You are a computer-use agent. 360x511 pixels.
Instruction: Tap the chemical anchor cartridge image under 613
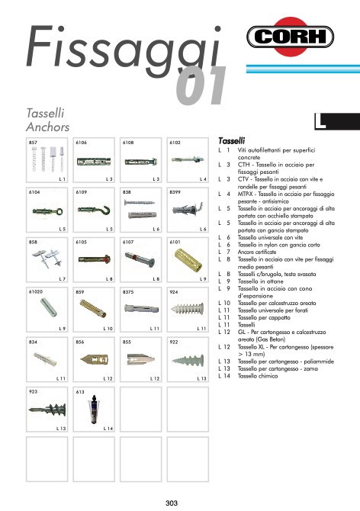click(93, 409)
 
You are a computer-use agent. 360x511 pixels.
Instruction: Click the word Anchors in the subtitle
click(48, 126)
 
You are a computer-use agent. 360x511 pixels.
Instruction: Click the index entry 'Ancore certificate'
click(263, 250)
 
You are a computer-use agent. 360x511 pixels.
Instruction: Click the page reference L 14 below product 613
click(108, 428)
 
